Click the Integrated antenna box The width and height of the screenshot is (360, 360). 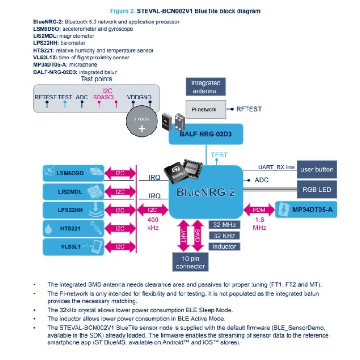206,87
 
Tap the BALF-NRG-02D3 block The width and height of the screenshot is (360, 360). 206,134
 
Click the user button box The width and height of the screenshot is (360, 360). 317,170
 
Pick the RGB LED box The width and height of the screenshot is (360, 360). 317,189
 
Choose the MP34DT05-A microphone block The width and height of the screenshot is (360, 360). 306,210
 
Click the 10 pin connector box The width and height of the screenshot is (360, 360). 190,261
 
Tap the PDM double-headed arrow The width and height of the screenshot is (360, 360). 259,210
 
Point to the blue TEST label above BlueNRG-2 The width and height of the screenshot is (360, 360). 219,155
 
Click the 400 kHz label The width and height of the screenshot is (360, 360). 153,224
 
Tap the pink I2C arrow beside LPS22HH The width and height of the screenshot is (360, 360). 120,210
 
